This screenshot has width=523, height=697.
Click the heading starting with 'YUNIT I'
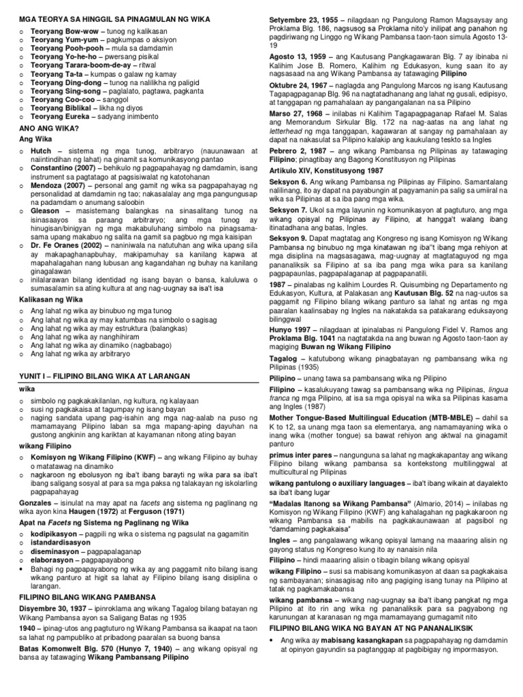coord(91,375)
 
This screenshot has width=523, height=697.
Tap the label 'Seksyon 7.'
coord(289,210)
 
